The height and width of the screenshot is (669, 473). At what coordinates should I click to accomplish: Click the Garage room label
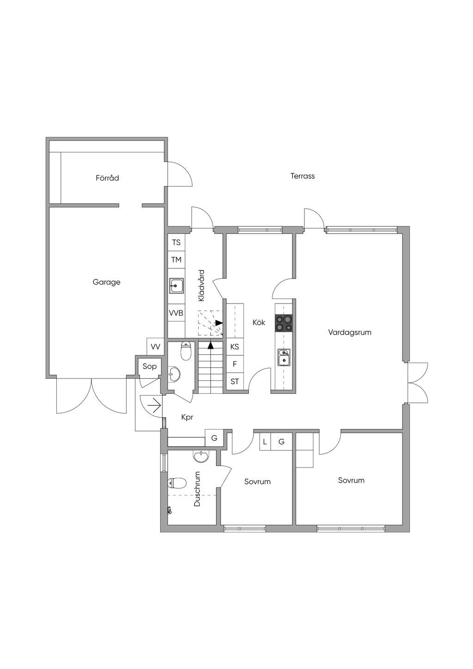pyautogui.click(x=106, y=282)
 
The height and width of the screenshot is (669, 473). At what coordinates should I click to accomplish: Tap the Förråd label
pyautogui.click(x=108, y=178)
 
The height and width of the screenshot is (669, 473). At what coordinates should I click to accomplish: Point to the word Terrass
pyautogui.click(x=303, y=176)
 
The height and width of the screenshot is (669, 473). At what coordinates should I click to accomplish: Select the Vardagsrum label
pyautogui.click(x=350, y=332)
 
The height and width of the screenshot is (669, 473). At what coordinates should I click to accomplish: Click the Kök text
pyautogui.click(x=259, y=322)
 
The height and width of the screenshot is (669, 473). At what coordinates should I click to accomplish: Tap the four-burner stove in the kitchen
pyautogui.click(x=283, y=323)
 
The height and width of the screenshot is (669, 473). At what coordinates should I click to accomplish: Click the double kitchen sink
pyautogui.click(x=284, y=357)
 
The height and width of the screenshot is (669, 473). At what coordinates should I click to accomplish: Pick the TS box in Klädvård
pyautogui.click(x=176, y=242)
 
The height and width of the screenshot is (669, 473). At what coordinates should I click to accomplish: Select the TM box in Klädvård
pyautogui.click(x=176, y=260)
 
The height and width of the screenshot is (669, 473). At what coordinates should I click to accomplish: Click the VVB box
pyautogui.click(x=176, y=313)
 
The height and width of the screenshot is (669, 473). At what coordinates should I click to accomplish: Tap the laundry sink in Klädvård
pyautogui.click(x=176, y=286)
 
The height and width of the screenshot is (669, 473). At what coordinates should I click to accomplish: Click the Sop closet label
pyautogui.click(x=150, y=366)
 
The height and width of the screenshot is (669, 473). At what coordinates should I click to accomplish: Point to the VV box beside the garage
pyautogui.click(x=155, y=347)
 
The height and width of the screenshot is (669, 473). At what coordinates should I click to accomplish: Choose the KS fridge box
pyautogui.click(x=235, y=347)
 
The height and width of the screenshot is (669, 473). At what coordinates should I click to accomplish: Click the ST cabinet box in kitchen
pyautogui.click(x=235, y=381)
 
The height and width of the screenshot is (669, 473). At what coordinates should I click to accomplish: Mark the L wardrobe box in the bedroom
pyautogui.click(x=265, y=442)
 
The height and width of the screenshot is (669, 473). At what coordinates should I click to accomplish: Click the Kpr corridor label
pyautogui.click(x=187, y=418)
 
